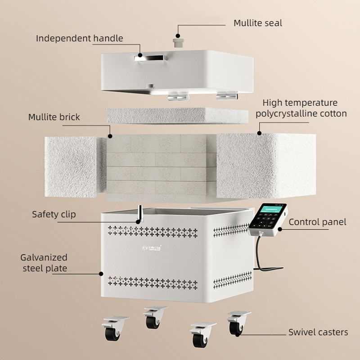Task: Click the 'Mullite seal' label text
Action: point(258,23)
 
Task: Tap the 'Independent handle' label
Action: point(79,38)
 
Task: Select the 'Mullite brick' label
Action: point(54,117)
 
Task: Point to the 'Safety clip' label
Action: point(54,214)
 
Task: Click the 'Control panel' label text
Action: point(317,222)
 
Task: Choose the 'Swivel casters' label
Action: point(318,332)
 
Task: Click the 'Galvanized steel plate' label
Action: point(44,263)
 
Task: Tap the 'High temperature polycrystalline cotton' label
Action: point(301,108)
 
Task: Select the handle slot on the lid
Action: point(150,57)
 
